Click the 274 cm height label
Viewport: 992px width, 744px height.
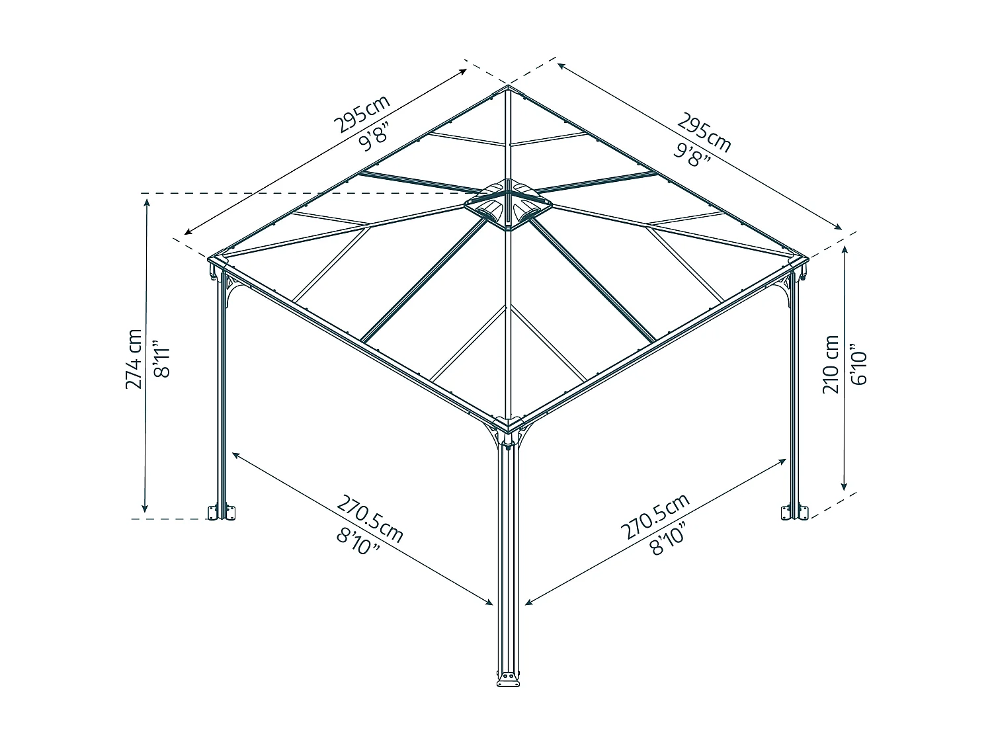[x=134, y=359]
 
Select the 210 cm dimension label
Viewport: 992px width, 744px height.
[x=831, y=364]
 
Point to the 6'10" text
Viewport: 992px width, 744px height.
[x=858, y=364]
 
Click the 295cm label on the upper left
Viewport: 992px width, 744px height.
[x=362, y=114]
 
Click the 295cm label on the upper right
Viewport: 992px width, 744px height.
[x=704, y=132]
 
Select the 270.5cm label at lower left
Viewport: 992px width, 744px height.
[x=370, y=519]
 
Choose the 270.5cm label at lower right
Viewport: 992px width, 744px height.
[x=655, y=517]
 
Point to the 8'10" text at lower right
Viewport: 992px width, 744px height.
[x=668, y=539]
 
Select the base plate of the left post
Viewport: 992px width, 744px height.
[x=222, y=513]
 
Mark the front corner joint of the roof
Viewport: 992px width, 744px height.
[x=508, y=425]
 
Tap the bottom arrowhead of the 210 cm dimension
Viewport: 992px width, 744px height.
[x=843, y=486]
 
